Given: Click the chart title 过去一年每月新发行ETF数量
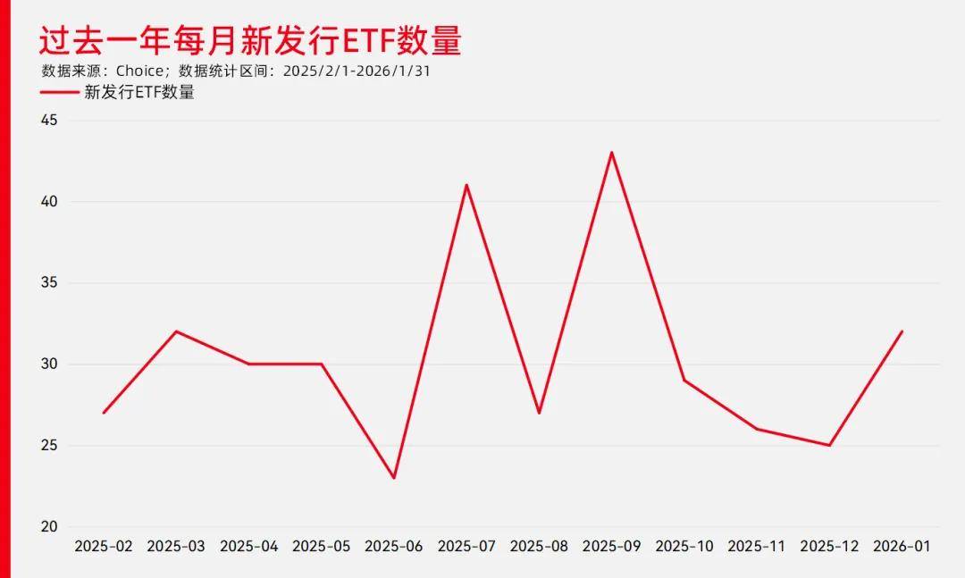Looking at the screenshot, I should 250,40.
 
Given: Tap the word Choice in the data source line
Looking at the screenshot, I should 140,71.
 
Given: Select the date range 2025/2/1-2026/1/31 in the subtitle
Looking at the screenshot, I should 357,71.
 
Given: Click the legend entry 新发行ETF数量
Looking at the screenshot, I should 138,92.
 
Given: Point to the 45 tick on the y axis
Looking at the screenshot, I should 48,121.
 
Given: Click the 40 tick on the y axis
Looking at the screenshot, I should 48,202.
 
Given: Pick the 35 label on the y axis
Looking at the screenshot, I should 48,283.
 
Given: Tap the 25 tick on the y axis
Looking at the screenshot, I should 48,446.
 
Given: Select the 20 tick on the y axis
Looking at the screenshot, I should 48,527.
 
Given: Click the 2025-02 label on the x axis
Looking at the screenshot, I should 104,546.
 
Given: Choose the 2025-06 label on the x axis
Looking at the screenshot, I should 394,546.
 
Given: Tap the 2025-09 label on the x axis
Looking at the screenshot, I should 612,546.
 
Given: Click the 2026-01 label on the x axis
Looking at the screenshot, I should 902,546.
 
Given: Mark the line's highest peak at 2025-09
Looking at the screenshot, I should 612,153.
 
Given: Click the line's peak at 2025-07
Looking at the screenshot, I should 466,185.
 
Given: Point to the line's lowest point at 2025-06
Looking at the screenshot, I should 394,478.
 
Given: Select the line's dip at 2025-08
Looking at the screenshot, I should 539,413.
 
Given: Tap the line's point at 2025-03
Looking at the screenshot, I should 176,331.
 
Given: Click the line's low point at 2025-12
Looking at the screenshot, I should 829,445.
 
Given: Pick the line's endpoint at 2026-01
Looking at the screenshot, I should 902,331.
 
